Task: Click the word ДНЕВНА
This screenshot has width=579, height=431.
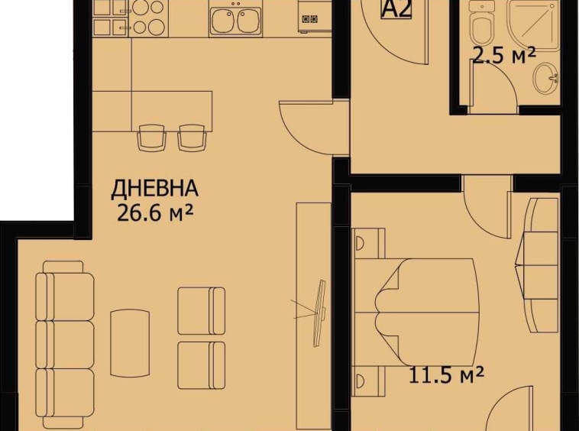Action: click(x=155, y=188)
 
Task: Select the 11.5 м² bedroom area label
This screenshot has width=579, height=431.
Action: click(x=447, y=375)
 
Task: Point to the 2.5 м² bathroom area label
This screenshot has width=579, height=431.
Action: click(x=503, y=55)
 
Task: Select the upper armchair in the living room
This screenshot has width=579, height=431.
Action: click(x=201, y=310)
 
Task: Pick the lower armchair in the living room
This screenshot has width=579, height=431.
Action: click(x=201, y=365)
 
